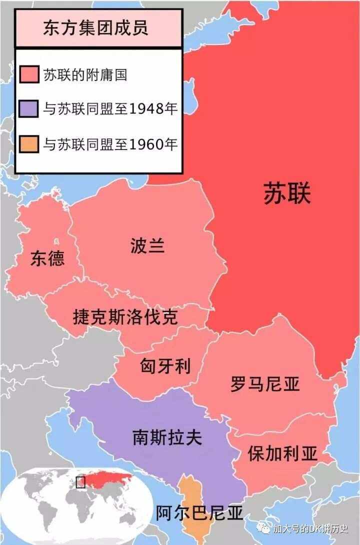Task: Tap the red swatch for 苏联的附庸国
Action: [29, 75]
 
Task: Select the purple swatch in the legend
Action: [29, 109]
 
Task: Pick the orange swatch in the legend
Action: [29, 144]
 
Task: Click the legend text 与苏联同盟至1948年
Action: [110, 109]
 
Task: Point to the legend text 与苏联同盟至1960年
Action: [110, 144]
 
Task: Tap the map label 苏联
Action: [287, 193]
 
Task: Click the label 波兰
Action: [147, 246]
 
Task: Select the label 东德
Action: [47, 258]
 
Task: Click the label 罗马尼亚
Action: [265, 384]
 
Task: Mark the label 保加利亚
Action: [282, 454]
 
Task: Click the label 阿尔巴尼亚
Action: [199, 513]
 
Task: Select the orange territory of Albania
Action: [190, 492]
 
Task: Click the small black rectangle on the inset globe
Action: [80, 482]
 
